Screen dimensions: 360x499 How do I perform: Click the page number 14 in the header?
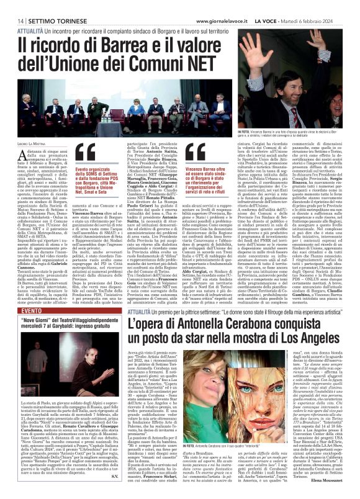12,20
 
